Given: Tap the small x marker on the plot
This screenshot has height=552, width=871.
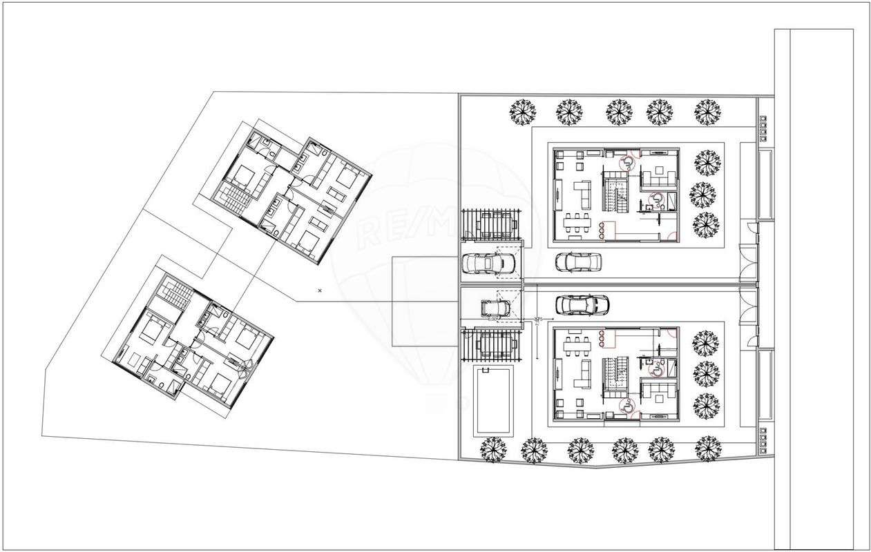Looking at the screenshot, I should [x=319, y=290].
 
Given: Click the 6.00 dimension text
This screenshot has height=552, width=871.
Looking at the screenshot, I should [x=492, y=319].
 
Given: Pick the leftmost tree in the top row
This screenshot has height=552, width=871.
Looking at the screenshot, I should [x=523, y=111].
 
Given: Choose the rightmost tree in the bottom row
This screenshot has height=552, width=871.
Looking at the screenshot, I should [x=707, y=449].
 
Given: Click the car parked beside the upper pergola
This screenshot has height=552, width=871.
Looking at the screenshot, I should [x=487, y=263].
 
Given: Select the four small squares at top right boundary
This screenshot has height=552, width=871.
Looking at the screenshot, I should [x=763, y=124].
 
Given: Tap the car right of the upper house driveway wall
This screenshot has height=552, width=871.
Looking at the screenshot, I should [x=578, y=262].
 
